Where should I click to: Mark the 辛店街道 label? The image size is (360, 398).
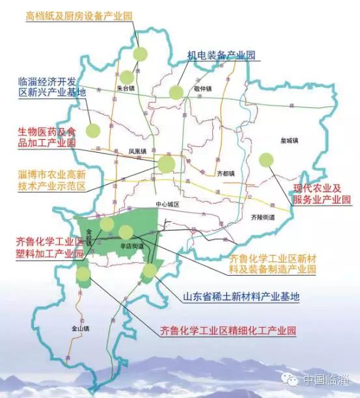tap(131, 246)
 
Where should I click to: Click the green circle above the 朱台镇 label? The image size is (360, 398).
tap(140, 53)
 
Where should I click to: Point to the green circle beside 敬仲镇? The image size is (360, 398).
tap(176, 92)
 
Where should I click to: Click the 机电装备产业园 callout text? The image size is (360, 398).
tap(221, 56)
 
